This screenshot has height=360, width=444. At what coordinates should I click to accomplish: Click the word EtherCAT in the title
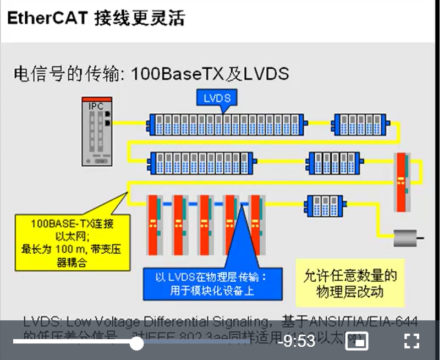(x=47, y=18)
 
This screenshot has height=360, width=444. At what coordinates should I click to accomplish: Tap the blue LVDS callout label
(x=217, y=98)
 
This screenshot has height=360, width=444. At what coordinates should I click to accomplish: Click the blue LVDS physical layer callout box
(x=212, y=282)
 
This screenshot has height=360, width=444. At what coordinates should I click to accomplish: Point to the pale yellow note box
(x=349, y=282)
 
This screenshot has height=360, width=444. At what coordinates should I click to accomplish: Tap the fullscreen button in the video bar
(x=412, y=341)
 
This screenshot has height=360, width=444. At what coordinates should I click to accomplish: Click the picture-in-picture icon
(x=357, y=341)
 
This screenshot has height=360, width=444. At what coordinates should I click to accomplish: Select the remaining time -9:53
(x=297, y=341)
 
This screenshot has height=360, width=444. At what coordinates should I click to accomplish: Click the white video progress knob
(x=136, y=343)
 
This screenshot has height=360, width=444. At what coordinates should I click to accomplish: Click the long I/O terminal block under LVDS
(x=226, y=124)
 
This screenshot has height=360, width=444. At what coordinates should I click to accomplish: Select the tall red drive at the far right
(x=402, y=182)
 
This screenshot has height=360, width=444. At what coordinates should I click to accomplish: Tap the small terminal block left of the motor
(x=322, y=206)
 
